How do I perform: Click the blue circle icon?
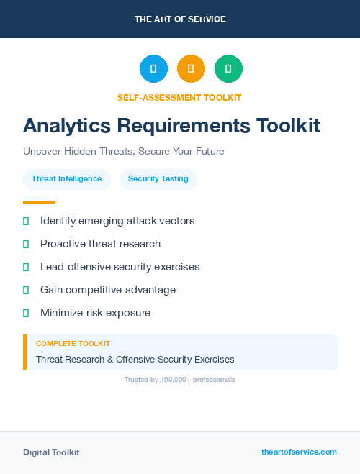[x=153, y=69]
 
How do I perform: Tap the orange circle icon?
[x=191, y=69]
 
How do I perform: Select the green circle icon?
[x=228, y=69]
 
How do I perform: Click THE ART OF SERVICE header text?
[x=180, y=19]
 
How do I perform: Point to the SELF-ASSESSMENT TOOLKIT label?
[x=179, y=97]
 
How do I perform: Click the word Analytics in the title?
[x=66, y=126]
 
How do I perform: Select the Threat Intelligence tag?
[x=67, y=179]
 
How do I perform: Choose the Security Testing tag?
[x=158, y=179]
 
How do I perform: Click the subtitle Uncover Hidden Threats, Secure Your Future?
[x=124, y=152]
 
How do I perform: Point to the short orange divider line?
[x=39, y=202]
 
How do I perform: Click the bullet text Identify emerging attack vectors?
[x=117, y=221]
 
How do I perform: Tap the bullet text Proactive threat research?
[x=100, y=244]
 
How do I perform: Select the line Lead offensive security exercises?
[x=120, y=267]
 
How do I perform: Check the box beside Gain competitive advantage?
[x=26, y=290]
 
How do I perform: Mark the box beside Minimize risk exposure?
[x=26, y=313]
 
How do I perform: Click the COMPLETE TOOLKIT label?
[x=73, y=344]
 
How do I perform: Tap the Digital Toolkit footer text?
[x=51, y=452]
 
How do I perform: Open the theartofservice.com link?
[x=299, y=452]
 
